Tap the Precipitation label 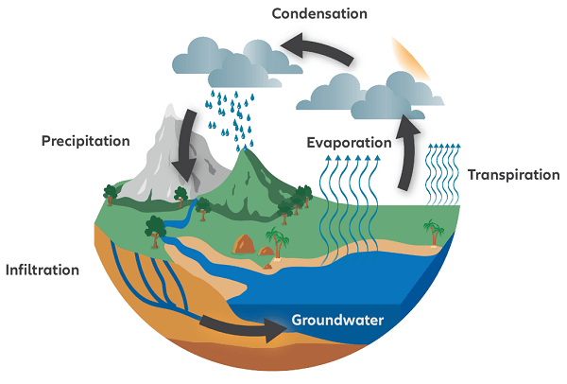85,142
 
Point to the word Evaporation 349,143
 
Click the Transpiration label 513,175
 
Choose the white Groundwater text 337,320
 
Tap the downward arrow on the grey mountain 184,147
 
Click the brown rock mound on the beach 246,244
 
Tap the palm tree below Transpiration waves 434,231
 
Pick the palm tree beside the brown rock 278,241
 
